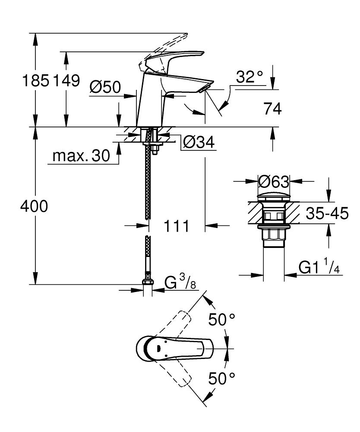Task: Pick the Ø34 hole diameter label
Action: coord(199,142)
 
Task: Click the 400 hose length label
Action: coord(34,207)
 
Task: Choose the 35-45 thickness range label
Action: coord(327,213)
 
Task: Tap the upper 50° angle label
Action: coord(222,320)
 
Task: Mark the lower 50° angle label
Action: coord(222,379)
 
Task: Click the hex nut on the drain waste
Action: coord(273,235)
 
